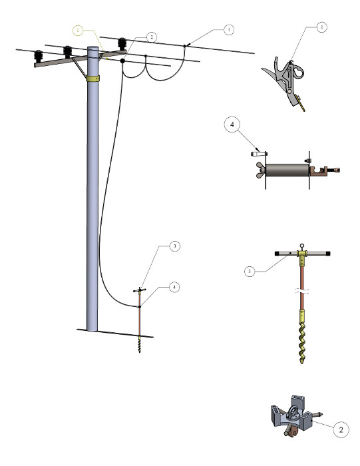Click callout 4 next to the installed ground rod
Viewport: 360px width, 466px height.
(x=174, y=288)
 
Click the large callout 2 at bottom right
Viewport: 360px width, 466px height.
(x=340, y=430)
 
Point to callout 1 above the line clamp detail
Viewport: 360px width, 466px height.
(x=321, y=28)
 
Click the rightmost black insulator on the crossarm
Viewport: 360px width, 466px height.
(x=122, y=43)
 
